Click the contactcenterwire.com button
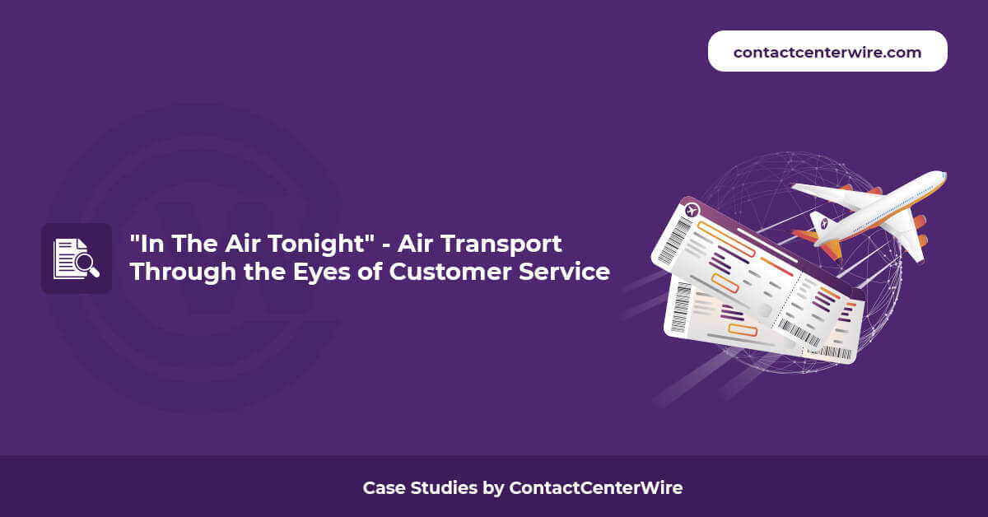tap(827, 51)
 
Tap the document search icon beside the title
tap(77, 258)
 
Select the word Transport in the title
tap(501, 245)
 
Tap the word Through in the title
tap(183, 272)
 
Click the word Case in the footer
tap(383, 488)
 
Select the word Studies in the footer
tap(444, 488)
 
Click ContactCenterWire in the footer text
tap(596, 488)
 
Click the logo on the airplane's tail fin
tap(824, 224)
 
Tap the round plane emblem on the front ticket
tap(692, 211)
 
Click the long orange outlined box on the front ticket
tap(726, 239)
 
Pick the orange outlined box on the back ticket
tap(743, 330)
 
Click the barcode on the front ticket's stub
tap(799, 333)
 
